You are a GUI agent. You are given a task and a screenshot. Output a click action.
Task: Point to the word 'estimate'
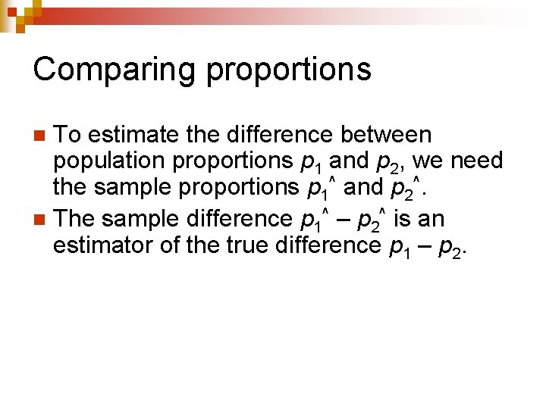(x=133, y=135)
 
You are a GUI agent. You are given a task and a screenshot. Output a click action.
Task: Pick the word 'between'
(x=386, y=135)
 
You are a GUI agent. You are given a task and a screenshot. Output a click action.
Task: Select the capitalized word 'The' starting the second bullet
(x=75, y=219)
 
